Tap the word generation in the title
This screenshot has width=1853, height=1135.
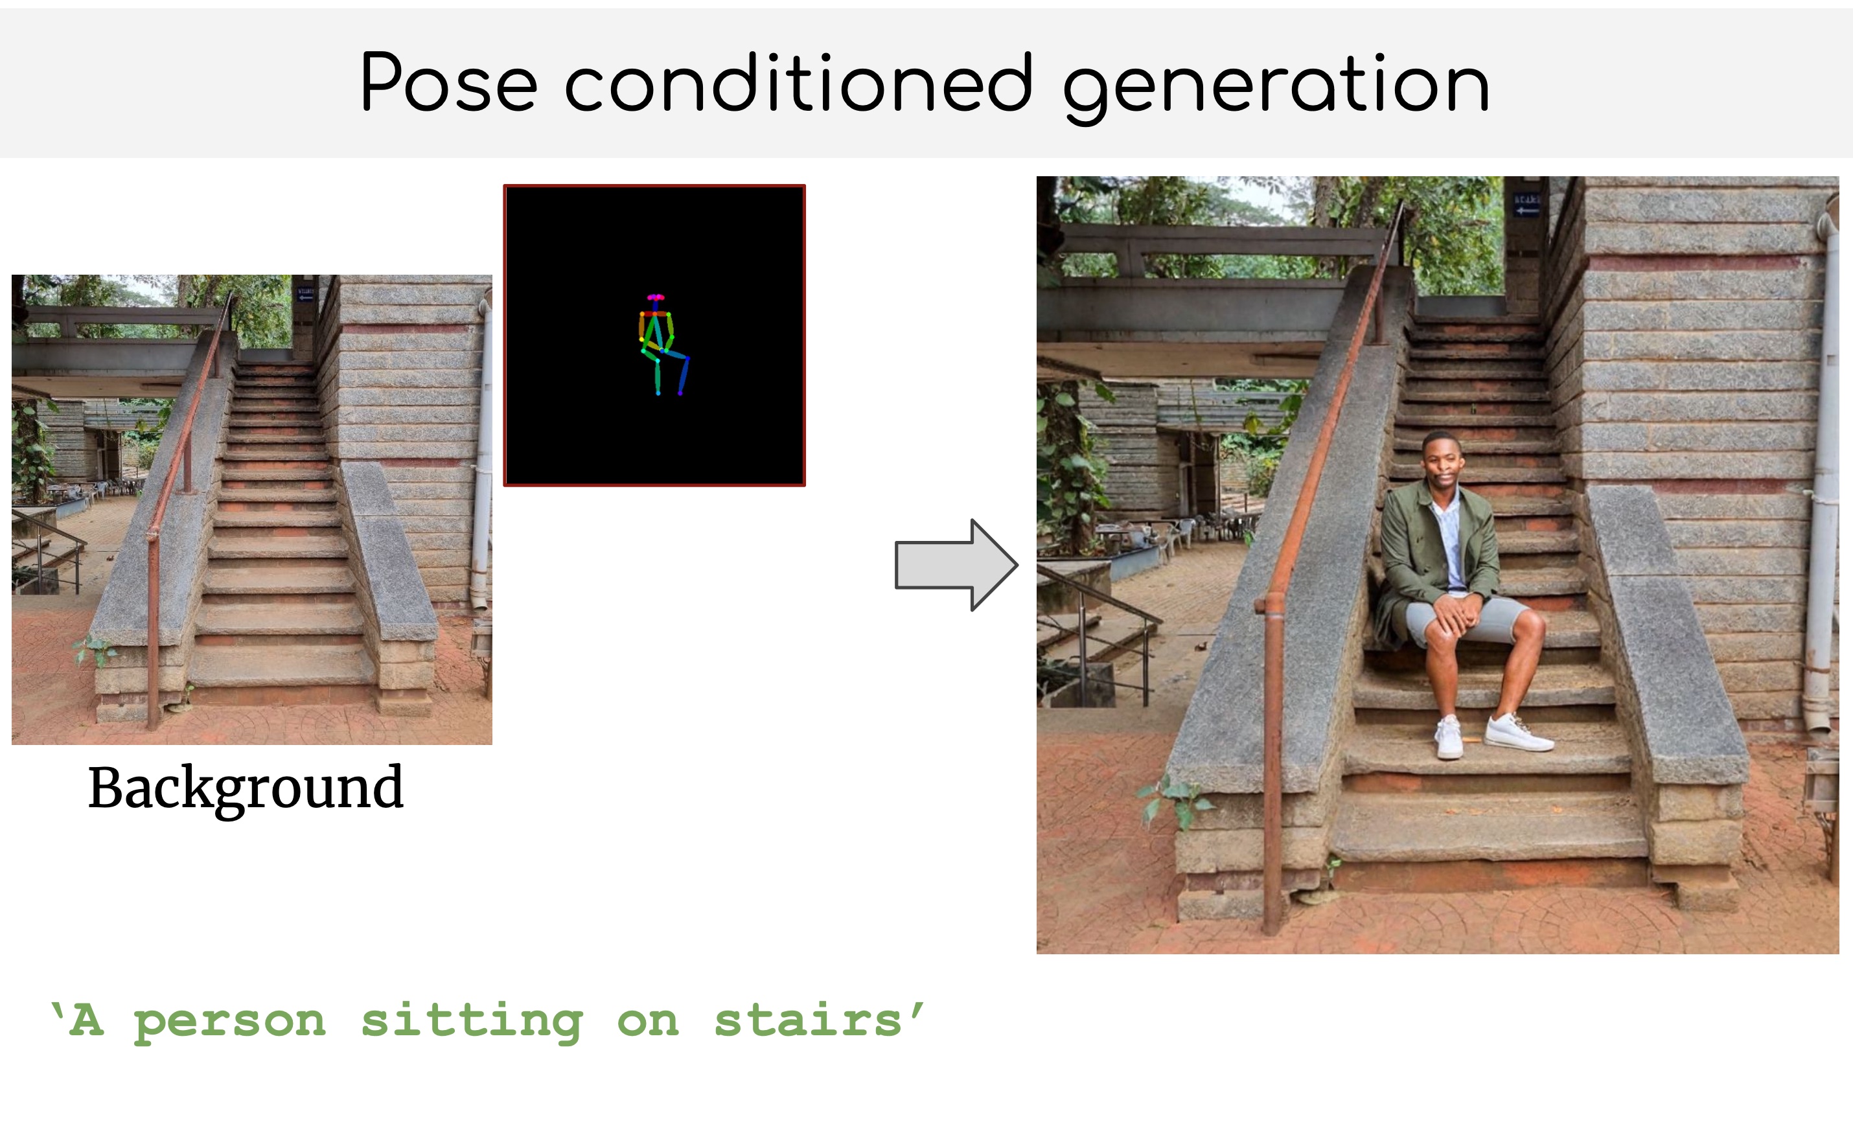click(1276, 87)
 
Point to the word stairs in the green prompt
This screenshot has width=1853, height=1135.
click(808, 1021)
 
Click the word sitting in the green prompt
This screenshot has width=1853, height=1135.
click(472, 1023)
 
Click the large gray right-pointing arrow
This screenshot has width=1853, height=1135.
click(956, 564)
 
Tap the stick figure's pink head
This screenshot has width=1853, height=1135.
click(655, 298)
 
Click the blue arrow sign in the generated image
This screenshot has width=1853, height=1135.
click(1527, 205)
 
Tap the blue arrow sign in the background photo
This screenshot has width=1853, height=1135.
click(305, 294)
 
